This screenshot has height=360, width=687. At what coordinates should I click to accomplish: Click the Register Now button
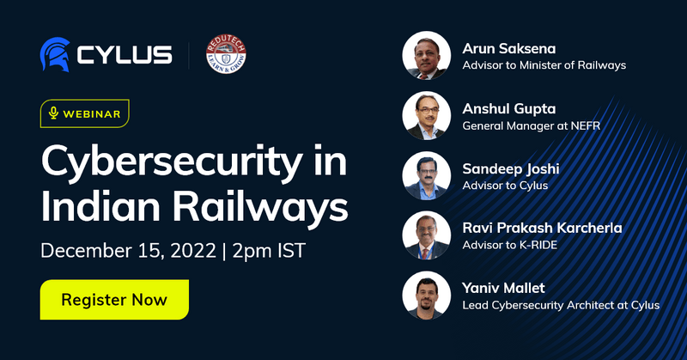click(114, 300)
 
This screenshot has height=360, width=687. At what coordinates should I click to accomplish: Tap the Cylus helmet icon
click(54, 54)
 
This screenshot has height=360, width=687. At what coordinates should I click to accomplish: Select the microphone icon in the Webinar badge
click(53, 113)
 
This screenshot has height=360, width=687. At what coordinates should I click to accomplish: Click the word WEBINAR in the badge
click(92, 113)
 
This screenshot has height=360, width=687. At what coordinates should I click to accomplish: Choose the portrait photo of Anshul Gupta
click(427, 115)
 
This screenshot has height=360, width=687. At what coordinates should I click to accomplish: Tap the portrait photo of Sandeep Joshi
click(427, 176)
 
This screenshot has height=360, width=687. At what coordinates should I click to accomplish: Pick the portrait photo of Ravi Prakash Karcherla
click(427, 235)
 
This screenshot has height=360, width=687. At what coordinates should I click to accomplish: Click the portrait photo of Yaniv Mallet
click(427, 296)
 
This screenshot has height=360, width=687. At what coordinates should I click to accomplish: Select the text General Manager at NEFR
click(531, 125)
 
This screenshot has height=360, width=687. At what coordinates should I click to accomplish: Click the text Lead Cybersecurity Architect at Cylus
click(561, 304)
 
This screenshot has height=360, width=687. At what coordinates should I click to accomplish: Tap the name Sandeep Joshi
click(511, 168)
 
